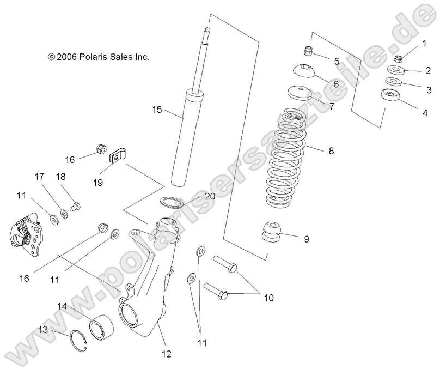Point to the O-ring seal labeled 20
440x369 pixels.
click(x=171, y=202)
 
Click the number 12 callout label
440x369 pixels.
click(x=166, y=354)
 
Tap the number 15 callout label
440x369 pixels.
click(x=157, y=110)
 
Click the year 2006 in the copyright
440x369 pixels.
click(x=67, y=56)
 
